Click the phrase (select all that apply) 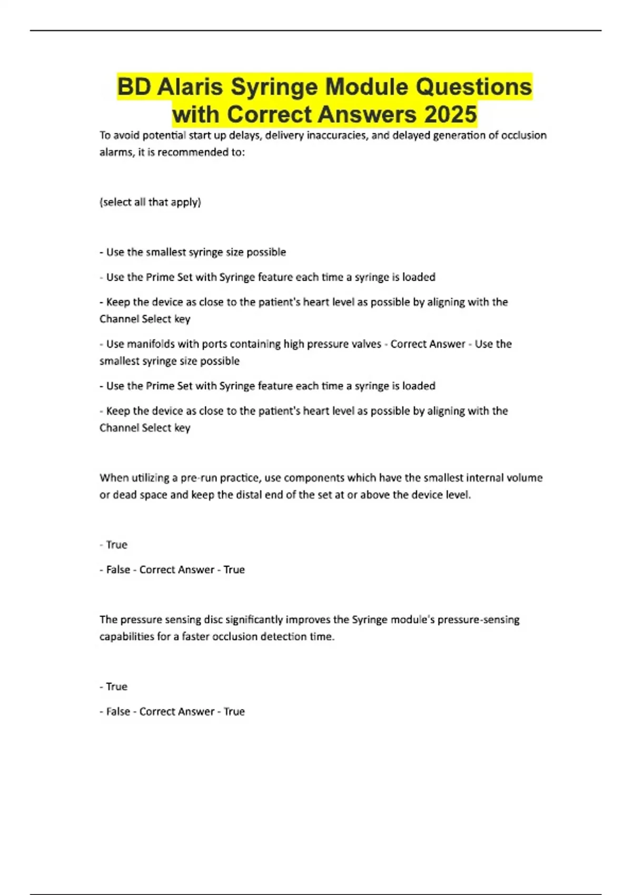(150, 202)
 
